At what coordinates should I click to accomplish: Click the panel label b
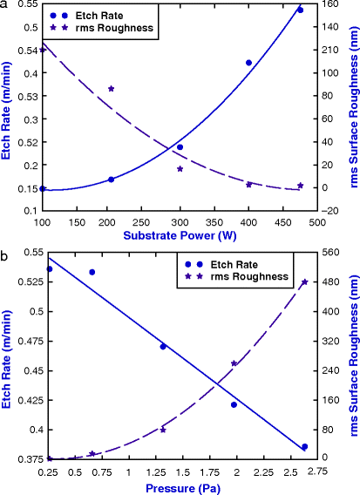point(6,257)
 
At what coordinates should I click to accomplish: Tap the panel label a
point(6,6)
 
